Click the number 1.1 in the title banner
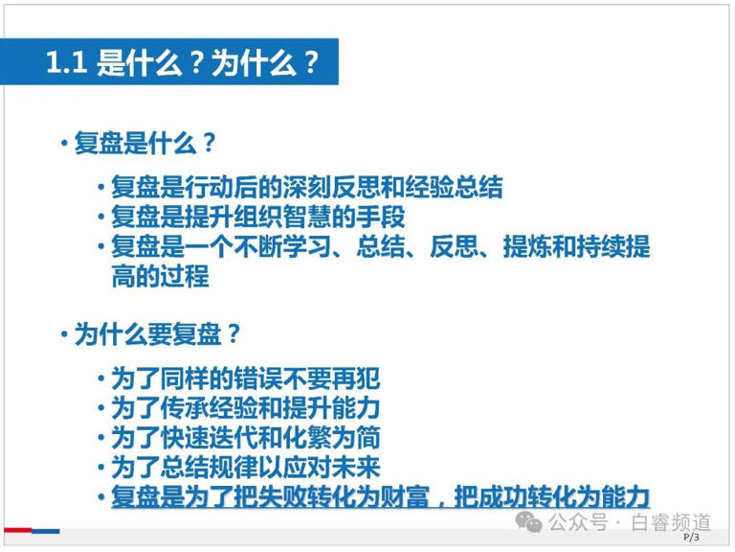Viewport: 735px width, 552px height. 66,62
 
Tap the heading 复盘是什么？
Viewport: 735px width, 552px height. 145,143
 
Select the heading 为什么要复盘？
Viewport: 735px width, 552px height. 157,334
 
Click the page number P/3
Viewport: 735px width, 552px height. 691,537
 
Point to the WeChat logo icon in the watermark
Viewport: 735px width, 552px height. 528,522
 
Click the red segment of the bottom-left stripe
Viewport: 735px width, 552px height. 18,530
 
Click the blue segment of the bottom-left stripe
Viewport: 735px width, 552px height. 46,531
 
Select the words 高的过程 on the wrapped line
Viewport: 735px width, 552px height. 160,276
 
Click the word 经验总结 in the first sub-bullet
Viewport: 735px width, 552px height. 454,187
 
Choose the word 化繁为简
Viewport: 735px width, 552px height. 331,438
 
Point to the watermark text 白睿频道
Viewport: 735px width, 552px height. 671,522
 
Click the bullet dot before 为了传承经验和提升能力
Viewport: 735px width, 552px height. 100,407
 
